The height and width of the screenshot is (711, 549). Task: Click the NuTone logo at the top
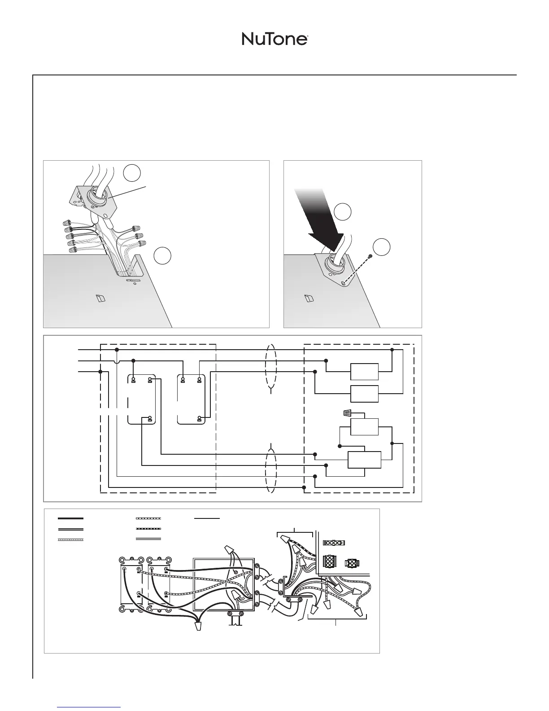click(x=274, y=39)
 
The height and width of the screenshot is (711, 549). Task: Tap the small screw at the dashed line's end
click(x=370, y=256)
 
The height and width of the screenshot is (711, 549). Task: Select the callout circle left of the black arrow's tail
click(x=343, y=212)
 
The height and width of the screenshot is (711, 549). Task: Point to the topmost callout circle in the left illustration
click(x=132, y=173)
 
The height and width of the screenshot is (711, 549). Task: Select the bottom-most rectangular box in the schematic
click(x=365, y=460)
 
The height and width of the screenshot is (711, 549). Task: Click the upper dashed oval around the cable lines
click(x=271, y=369)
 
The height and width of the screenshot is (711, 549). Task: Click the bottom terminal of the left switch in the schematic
click(x=150, y=419)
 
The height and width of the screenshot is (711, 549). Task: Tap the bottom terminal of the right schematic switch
click(x=199, y=419)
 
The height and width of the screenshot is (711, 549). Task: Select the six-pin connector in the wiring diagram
click(x=330, y=562)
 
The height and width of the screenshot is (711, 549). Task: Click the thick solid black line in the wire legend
click(x=70, y=518)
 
